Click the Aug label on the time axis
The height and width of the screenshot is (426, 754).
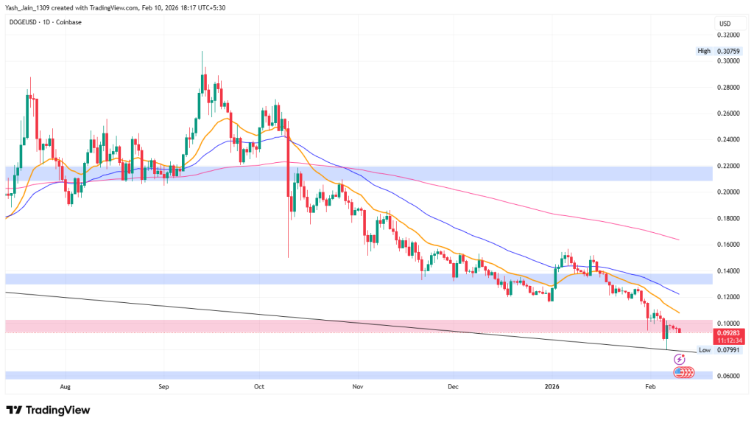tap(66, 386)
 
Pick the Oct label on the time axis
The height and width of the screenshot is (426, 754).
tap(258, 386)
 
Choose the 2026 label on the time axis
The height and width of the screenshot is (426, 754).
tap(552, 386)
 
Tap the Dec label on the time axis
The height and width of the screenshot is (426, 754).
tap(453, 386)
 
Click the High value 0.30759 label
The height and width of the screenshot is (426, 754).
tap(721, 51)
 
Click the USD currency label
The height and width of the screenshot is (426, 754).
tap(725, 24)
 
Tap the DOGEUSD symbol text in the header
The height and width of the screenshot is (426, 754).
tap(24, 22)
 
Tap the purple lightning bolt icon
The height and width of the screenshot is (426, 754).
tap(679, 359)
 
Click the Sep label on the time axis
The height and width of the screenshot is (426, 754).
tap(163, 386)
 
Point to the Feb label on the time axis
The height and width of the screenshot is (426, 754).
tap(649, 386)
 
